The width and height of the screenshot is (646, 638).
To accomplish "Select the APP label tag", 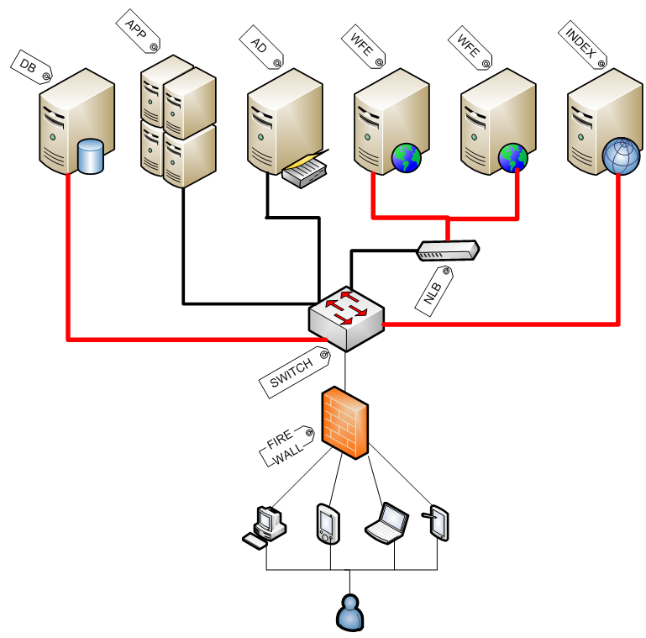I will click(x=137, y=31).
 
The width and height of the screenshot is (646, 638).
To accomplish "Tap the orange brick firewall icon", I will click(x=344, y=423).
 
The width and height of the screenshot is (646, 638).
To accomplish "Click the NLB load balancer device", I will click(x=448, y=250).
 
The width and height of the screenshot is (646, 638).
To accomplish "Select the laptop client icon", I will click(x=387, y=522).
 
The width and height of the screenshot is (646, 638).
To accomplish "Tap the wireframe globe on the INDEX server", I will click(x=622, y=156).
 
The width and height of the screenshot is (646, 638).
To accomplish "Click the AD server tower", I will click(x=284, y=122).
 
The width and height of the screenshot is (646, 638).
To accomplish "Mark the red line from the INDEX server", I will click(x=618, y=252).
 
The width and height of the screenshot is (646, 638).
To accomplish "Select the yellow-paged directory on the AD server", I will click(x=305, y=171).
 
